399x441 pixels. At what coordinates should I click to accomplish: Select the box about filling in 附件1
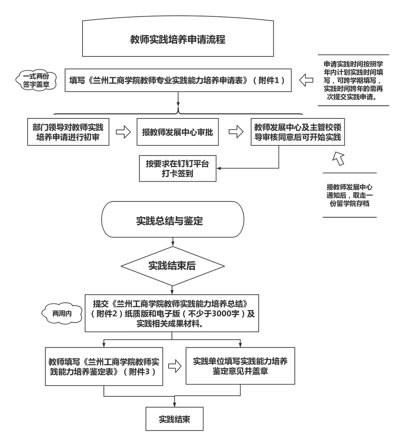pos(177,80)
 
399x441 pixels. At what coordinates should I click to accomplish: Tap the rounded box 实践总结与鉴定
pos(173,220)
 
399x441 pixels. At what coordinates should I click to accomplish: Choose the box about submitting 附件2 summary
pos(172,313)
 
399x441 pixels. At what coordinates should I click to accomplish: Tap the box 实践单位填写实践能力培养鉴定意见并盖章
pos(240,366)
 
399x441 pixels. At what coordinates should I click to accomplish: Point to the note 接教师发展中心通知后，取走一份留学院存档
pos(349,195)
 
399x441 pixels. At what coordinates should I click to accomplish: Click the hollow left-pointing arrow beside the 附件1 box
pos(306,80)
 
